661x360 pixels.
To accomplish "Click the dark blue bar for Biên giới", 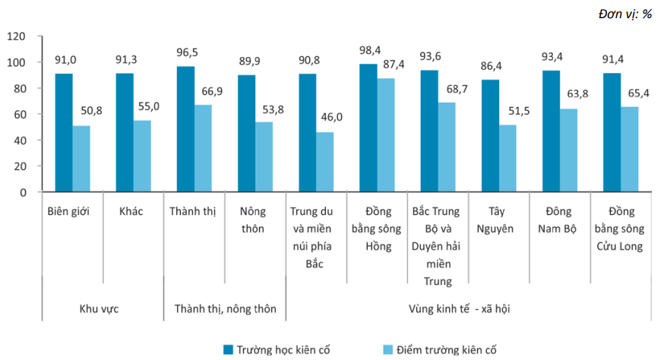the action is (64, 133).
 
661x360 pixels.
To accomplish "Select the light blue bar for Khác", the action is (142, 156).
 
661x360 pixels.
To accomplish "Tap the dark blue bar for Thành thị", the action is (185, 129).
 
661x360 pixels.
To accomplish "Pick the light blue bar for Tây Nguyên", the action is (508, 159).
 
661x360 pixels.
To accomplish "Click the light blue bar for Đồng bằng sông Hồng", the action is (386, 135).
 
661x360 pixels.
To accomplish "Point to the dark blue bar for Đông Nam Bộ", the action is (551, 131).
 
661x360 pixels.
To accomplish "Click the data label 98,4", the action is (370, 51).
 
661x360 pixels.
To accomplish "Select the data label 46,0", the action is (332, 117).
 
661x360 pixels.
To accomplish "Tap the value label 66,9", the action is (212, 91).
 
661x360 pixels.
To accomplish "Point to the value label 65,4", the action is (639, 93).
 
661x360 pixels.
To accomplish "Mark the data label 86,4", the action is (491, 66).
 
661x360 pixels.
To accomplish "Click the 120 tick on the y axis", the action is (17, 36).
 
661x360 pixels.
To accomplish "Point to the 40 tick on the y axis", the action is (20, 141).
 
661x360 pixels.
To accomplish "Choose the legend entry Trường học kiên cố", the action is (277, 349).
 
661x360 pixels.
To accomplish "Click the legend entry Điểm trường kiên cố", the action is (440, 349).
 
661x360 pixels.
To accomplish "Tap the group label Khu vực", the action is (99, 309).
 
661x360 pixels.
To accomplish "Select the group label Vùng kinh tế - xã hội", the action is (459, 309).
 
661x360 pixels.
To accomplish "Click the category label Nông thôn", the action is (252, 220).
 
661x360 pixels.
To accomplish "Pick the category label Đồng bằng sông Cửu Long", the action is (620, 229).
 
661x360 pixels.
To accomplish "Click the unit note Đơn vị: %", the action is (625, 14).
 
